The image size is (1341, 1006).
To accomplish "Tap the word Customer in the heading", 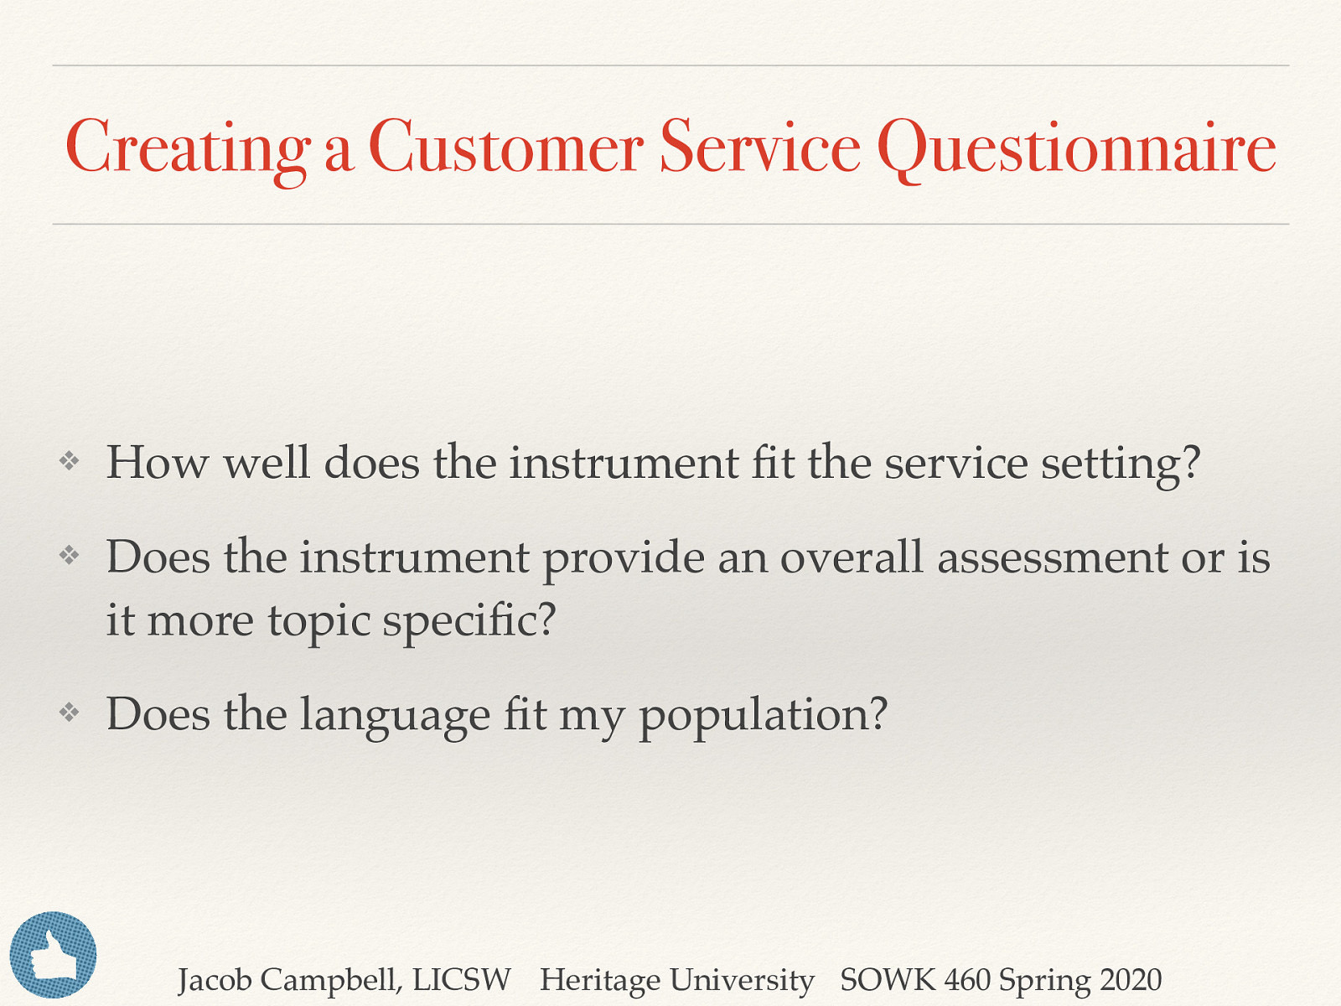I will tap(505, 148).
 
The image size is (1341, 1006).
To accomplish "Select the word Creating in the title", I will tap(188, 148).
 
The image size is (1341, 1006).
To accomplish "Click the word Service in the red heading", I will tap(760, 148).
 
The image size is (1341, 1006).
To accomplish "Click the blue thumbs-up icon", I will tap(53, 955).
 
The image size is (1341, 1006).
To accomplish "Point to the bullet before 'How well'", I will tap(70, 460).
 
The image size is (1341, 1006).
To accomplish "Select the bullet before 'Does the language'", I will tap(70, 713).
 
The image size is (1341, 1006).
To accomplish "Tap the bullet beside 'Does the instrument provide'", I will tap(70, 555).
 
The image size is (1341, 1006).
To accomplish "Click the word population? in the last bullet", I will tap(763, 716).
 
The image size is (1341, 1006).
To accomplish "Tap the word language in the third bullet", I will tap(395, 716).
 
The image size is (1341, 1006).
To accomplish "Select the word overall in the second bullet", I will tap(852, 557).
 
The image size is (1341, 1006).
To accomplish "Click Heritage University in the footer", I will tap(676, 980).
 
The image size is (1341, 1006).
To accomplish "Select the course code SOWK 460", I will tap(915, 980).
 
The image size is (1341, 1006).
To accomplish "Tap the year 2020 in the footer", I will tap(1131, 980).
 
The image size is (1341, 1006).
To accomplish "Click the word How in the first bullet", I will tap(158, 463).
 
